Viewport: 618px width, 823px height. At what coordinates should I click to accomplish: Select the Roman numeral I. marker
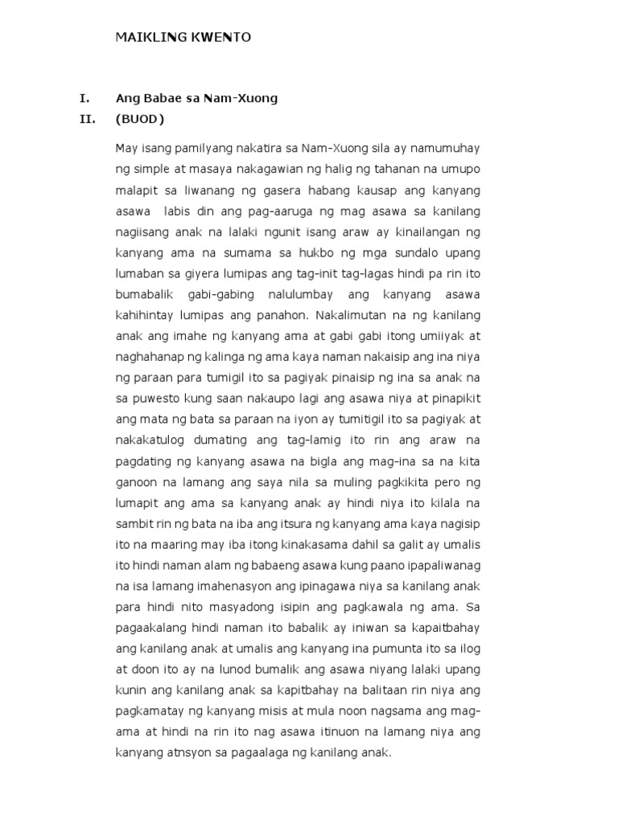coord(83,99)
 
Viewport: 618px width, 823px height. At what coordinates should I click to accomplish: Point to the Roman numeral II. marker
coord(86,120)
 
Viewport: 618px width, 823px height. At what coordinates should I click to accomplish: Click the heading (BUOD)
coord(139,120)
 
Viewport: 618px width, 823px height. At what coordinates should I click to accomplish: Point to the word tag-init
coord(314,273)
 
